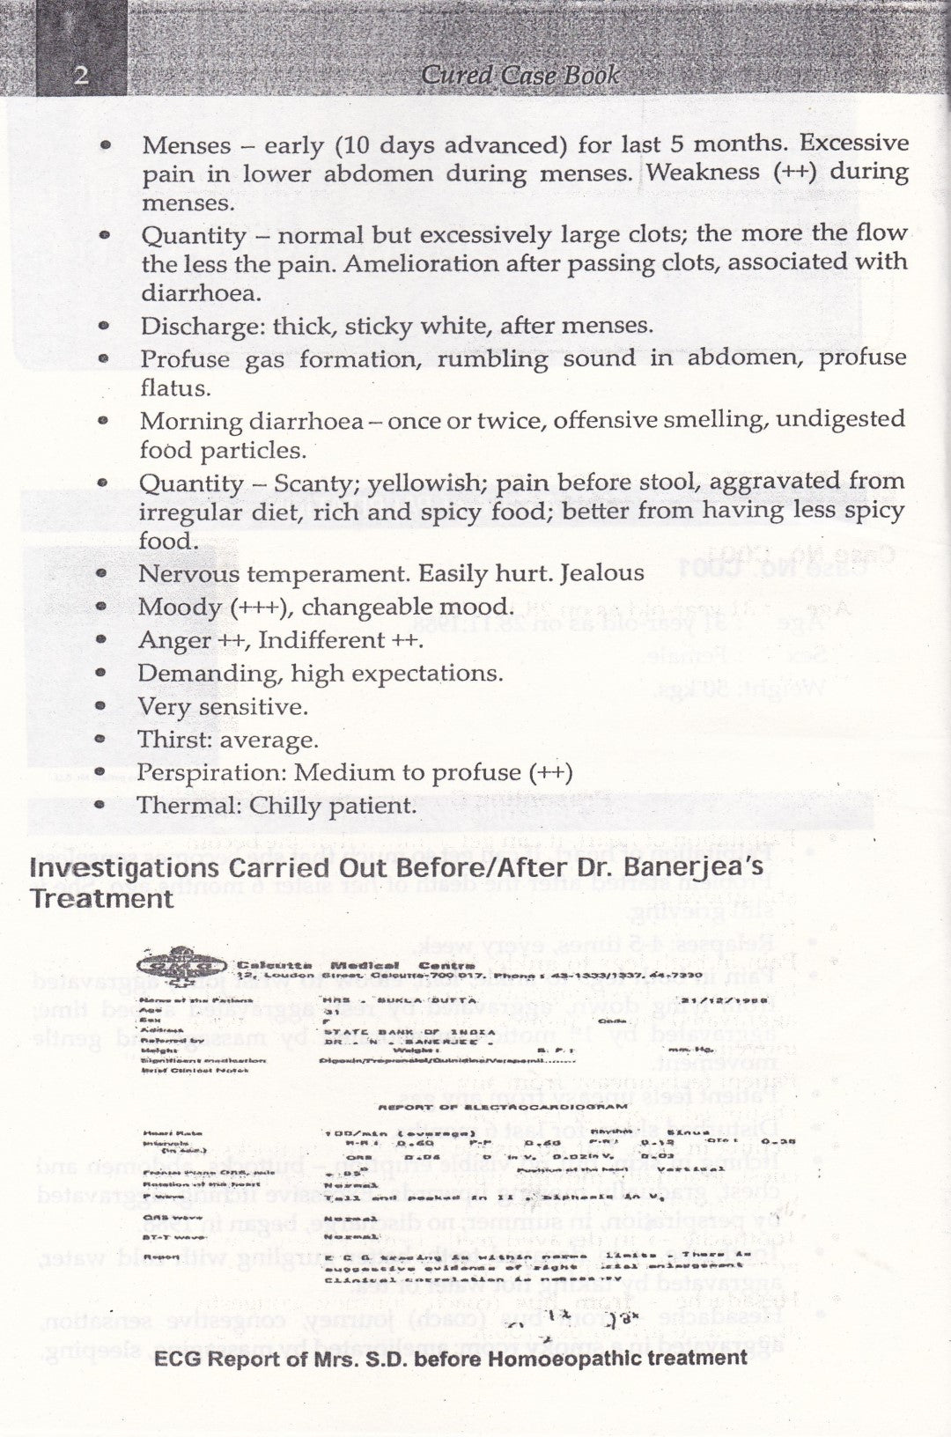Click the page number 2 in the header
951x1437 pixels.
(80, 76)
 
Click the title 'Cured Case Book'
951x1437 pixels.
(520, 75)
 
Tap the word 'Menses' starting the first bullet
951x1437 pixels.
(185, 145)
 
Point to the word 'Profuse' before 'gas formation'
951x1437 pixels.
(185, 359)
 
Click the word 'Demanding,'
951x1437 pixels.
(196, 674)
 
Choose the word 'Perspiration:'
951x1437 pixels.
(211, 773)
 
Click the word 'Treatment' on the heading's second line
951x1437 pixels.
(101, 899)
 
